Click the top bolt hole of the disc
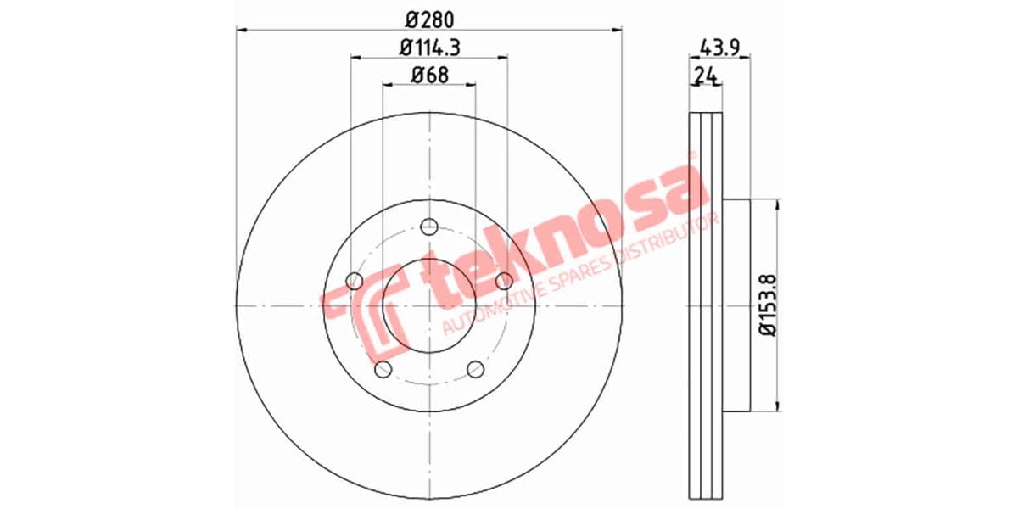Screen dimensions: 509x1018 pos(429,227)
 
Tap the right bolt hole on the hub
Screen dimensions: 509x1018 pos(504,281)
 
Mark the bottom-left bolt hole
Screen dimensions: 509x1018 pos(383,368)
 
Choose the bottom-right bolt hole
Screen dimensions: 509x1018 pos(475,368)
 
